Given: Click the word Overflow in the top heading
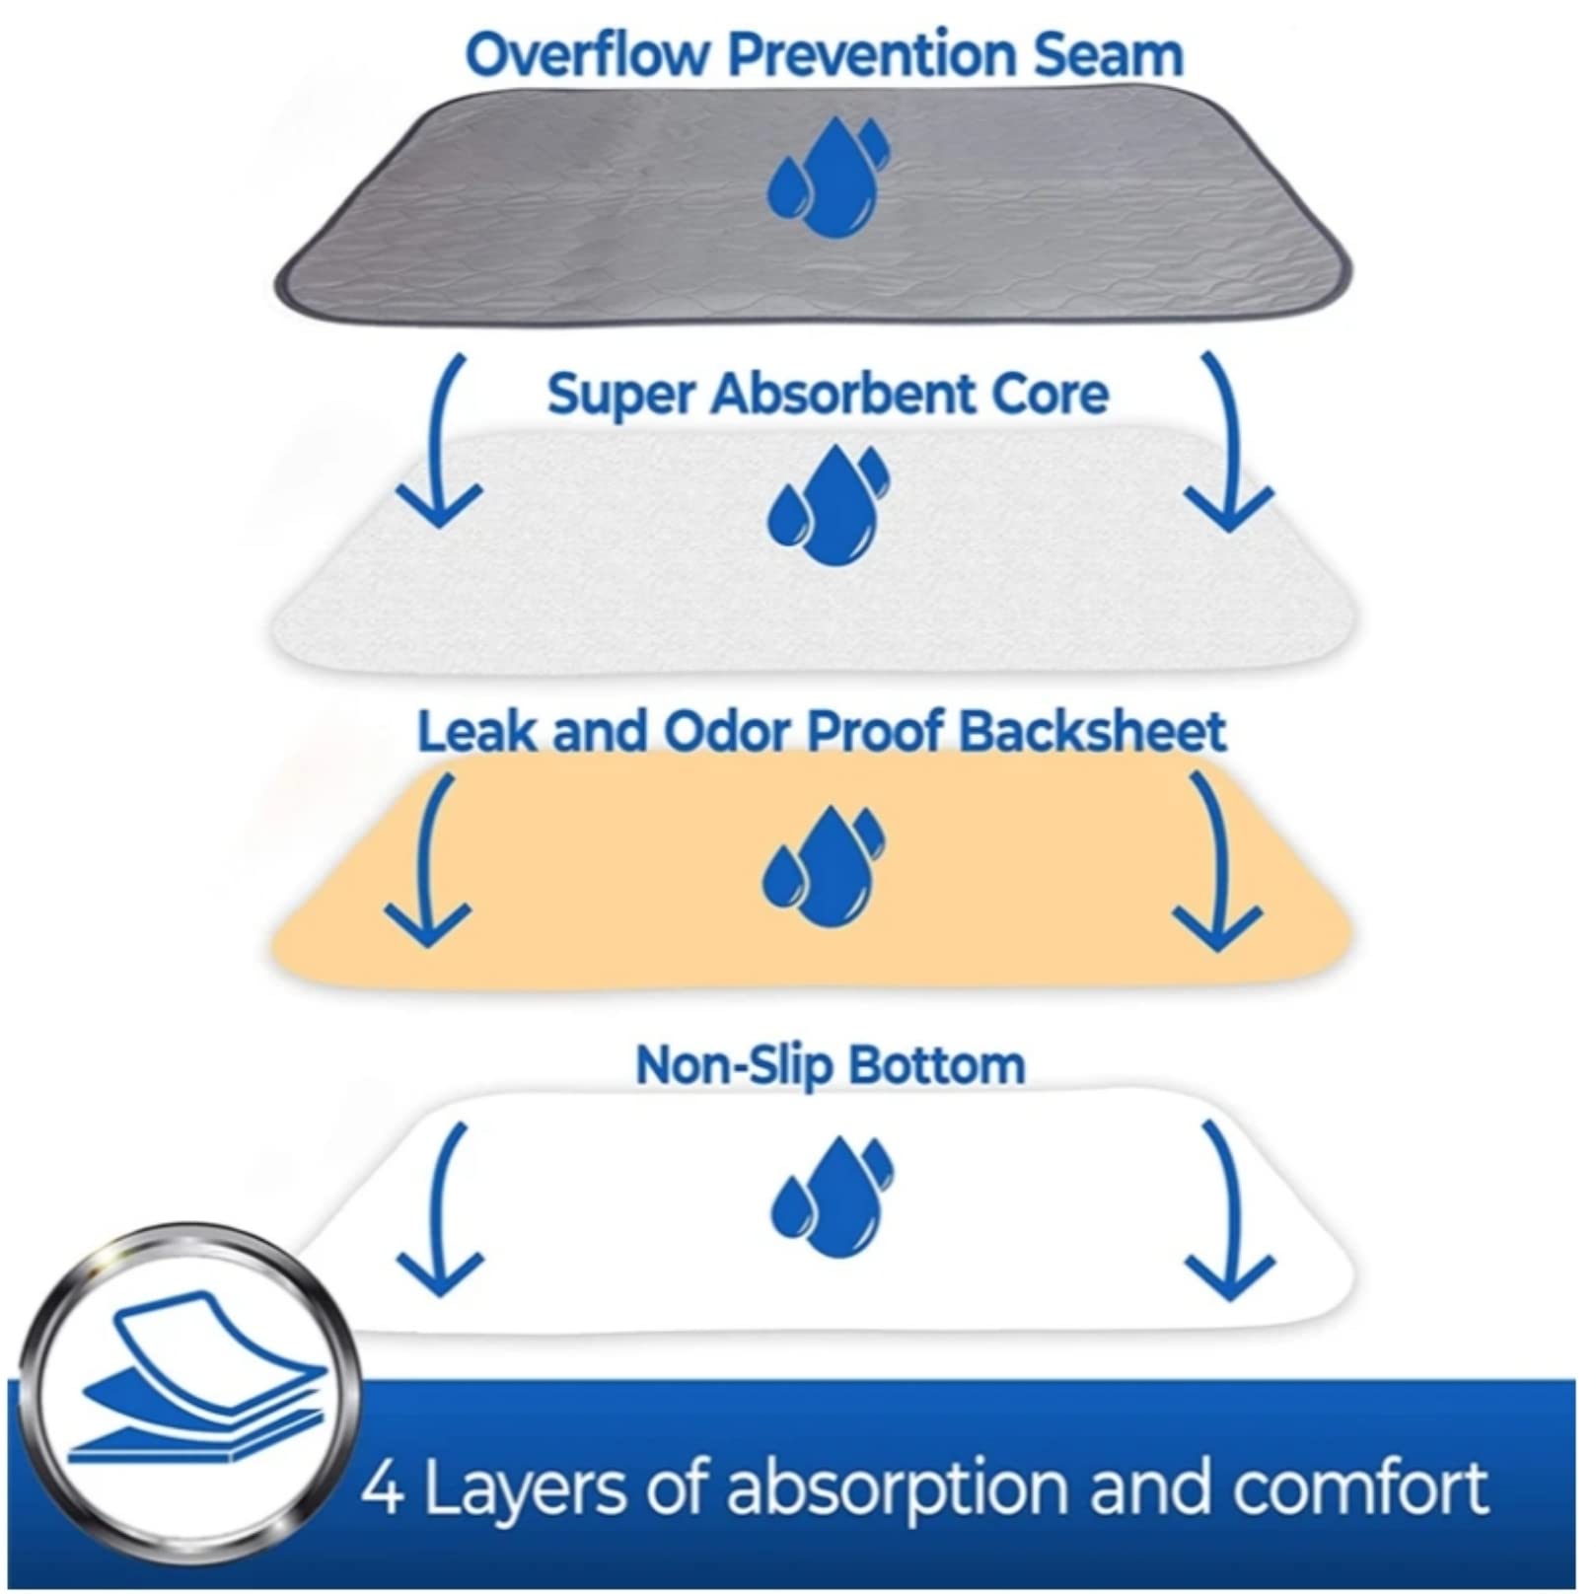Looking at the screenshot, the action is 589,55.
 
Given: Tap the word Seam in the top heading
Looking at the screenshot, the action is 1109,55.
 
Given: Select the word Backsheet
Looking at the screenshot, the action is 1092,732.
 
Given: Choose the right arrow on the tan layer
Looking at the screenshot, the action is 1217,860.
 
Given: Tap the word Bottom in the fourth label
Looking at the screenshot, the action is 936,1065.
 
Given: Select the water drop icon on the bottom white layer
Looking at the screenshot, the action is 832,1197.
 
